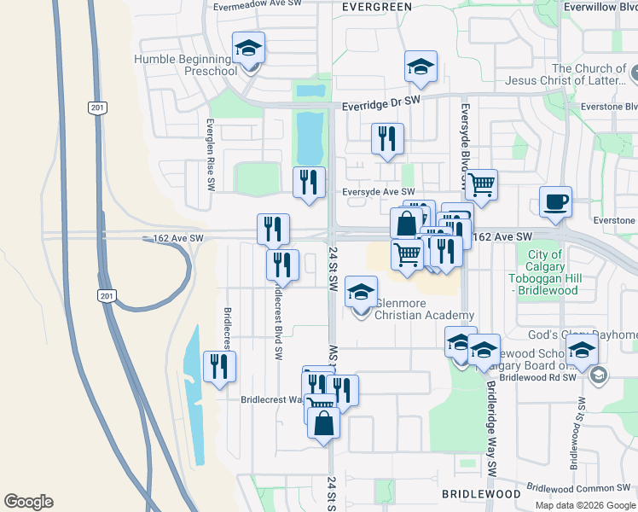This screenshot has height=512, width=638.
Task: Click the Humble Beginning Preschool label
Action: click(185, 65)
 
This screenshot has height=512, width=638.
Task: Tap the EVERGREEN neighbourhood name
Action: click(376, 6)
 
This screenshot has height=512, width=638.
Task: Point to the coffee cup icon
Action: click(555, 201)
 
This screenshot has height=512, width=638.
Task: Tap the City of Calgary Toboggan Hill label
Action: click(543, 272)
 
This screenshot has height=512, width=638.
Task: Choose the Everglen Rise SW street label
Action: click(210, 154)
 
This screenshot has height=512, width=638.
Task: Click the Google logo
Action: click(28, 502)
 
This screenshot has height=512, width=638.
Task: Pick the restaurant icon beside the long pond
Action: click(219, 367)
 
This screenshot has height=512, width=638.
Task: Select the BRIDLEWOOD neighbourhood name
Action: click(481, 494)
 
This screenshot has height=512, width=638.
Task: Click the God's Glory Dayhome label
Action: click(594, 334)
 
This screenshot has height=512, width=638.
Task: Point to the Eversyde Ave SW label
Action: click(378, 193)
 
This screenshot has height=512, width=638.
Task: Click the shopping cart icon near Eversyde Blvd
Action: click(482, 183)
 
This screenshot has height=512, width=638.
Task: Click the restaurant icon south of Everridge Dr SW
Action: click(387, 138)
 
